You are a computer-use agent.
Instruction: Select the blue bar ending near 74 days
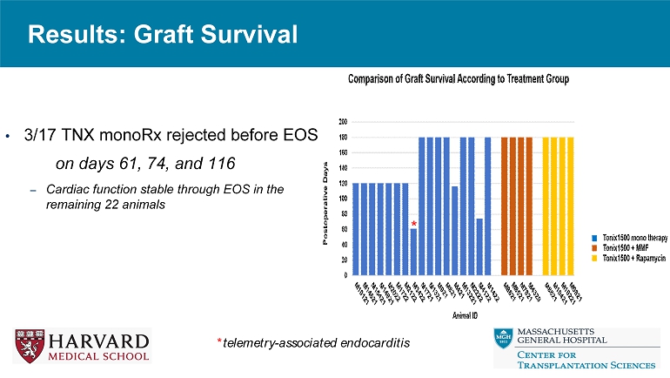[x=479, y=246]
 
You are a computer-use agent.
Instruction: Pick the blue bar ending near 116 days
[x=454, y=231]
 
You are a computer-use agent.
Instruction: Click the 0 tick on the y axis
[x=345, y=276]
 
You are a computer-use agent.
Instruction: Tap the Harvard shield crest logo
[x=26, y=344]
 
